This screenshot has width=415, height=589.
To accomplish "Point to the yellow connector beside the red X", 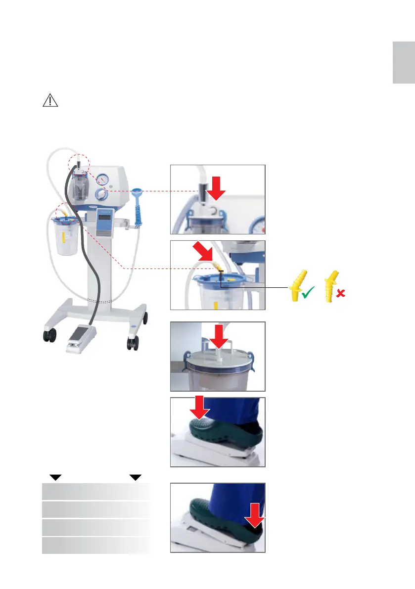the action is pyautogui.click(x=330, y=285).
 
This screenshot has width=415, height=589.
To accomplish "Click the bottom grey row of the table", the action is pyautogui.click(x=96, y=545).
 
